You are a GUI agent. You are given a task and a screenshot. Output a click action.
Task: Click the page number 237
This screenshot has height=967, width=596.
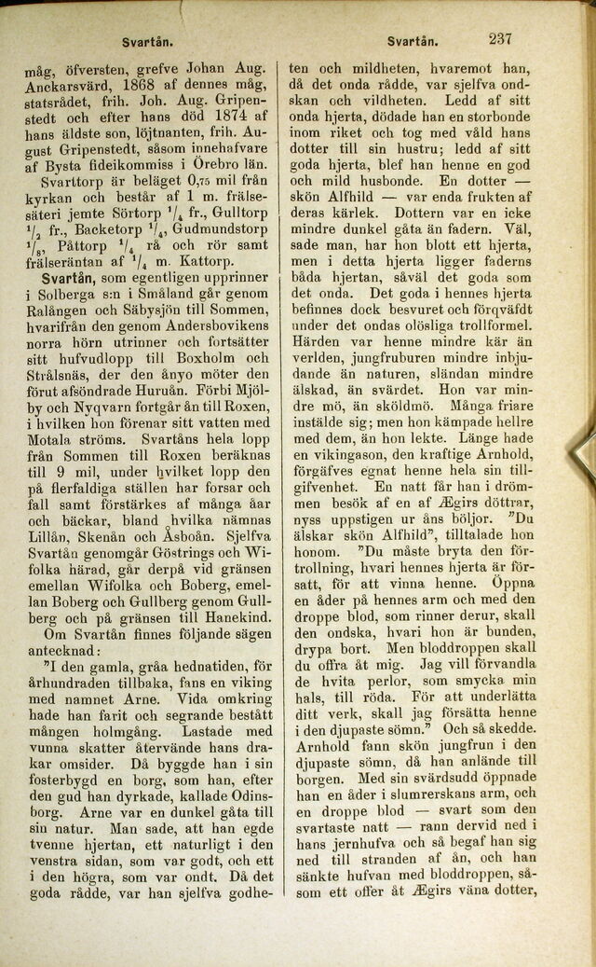point(500,39)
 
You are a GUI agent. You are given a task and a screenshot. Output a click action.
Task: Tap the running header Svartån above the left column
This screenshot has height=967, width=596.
point(143,43)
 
